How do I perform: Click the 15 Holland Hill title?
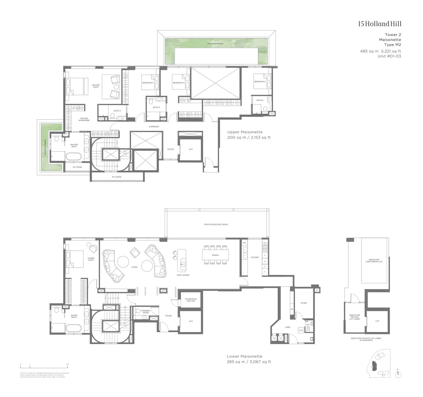pyautogui.click(x=380, y=24)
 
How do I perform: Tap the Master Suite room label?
pyautogui.click(x=96, y=86)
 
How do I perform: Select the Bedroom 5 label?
pyautogui.click(x=260, y=82)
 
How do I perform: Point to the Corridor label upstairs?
pyautogui.click(x=154, y=126)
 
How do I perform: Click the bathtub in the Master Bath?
pyautogui.click(x=73, y=156)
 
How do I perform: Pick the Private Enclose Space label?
pyautogui.click(x=216, y=224)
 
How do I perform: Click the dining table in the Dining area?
pyautogui.click(x=215, y=255)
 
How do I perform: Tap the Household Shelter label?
pyautogui.click(x=191, y=300)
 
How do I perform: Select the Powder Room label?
pyautogui.click(x=146, y=311)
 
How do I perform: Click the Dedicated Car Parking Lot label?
pyautogui.click(x=374, y=261)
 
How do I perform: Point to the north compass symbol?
pyautogui.click(x=398, y=374)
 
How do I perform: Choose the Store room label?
pyautogui.click(x=304, y=303)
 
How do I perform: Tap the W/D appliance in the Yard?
pyautogui.click(x=301, y=330)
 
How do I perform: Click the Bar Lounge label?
pyautogui.click(x=183, y=275)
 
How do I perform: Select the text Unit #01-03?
pyautogui.click(x=389, y=56)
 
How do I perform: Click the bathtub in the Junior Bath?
pyautogui.click(x=73, y=328)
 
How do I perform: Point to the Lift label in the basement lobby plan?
pyautogui.click(x=377, y=321)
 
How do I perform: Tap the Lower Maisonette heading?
pyautogui.click(x=244, y=356)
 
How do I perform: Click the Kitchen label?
pyautogui.click(x=255, y=257)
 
